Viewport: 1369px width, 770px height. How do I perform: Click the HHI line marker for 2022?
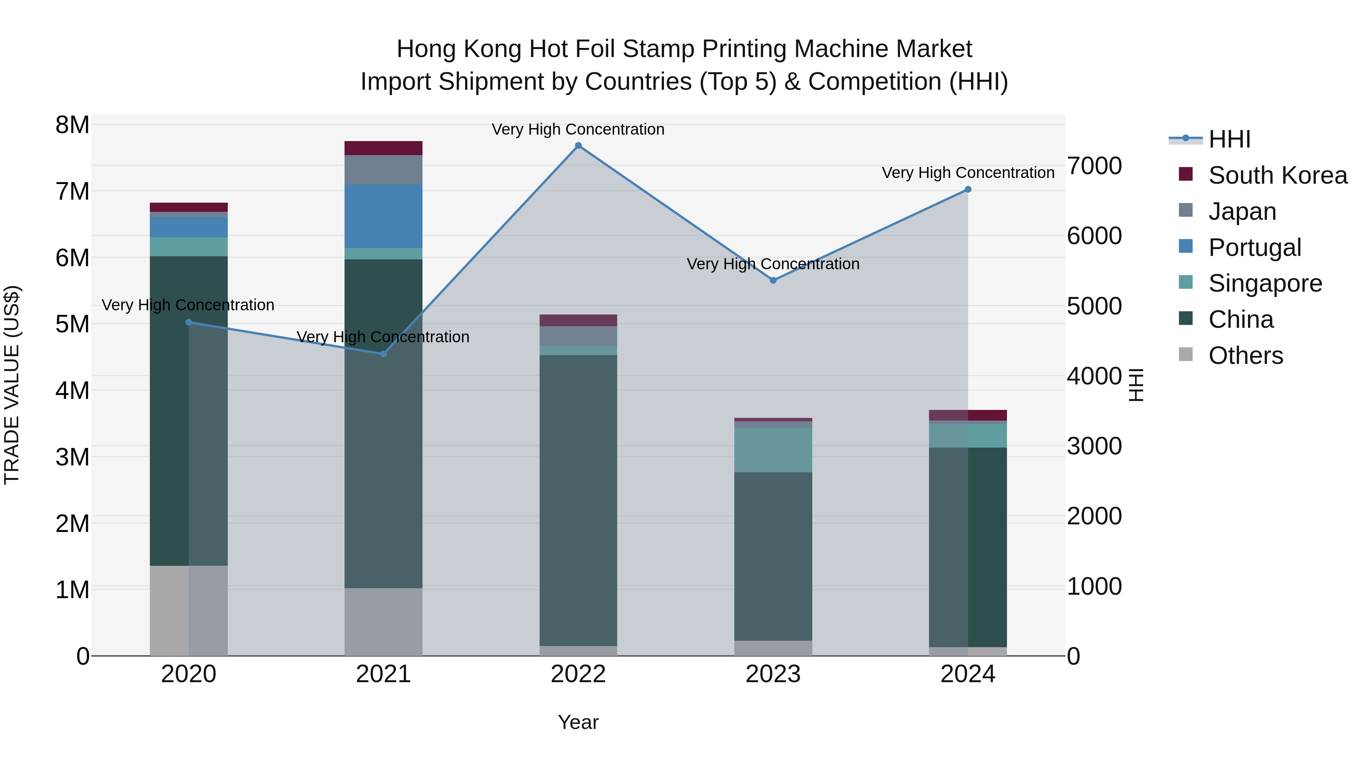(x=578, y=146)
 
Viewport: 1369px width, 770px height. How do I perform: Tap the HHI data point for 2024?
(x=968, y=189)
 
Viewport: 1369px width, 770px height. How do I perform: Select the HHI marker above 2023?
(x=773, y=280)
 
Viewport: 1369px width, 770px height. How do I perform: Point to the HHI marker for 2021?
(x=383, y=354)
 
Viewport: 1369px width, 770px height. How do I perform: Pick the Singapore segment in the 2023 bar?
(x=773, y=449)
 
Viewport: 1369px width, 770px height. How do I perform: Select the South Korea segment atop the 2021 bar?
(x=383, y=148)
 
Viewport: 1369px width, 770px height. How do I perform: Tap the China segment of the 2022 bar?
(x=578, y=500)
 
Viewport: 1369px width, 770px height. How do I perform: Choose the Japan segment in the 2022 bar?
(x=578, y=336)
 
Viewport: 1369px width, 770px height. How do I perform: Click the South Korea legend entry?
(x=1278, y=175)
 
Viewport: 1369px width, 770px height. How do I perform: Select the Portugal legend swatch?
(x=1186, y=246)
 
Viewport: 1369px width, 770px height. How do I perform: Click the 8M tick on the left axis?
(x=72, y=125)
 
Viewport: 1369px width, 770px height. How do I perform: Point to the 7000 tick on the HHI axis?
(x=1095, y=166)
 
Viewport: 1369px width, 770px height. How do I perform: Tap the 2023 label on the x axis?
(x=773, y=674)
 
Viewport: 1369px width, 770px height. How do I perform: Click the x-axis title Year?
(x=578, y=722)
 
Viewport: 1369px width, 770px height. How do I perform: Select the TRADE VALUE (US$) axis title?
(x=12, y=385)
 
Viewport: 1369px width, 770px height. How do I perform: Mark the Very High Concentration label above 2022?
(x=578, y=129)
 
